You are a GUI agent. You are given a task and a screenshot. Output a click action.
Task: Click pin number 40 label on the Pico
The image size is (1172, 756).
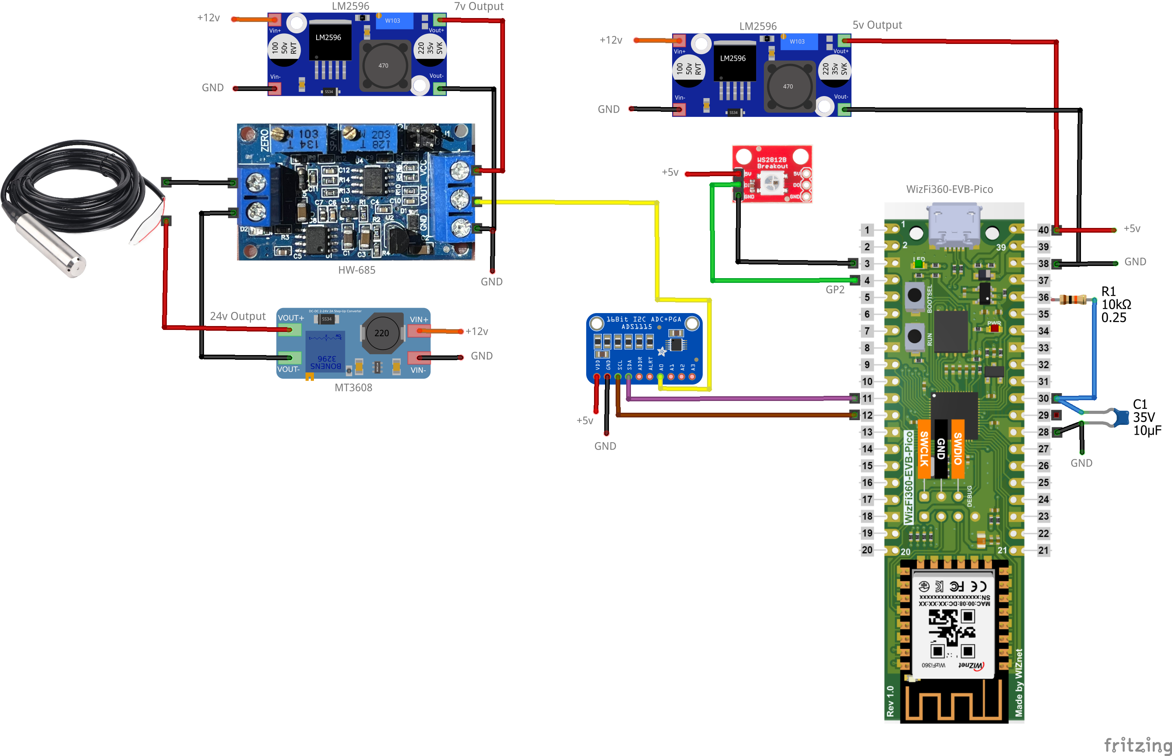tap(1043, 230)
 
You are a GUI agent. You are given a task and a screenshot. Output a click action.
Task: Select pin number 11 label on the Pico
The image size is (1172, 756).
tap(867, 399)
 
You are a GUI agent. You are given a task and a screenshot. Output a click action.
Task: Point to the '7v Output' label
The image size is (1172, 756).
tap(479, 6)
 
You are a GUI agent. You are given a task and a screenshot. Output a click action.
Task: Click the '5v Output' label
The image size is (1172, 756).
tap(877, 25)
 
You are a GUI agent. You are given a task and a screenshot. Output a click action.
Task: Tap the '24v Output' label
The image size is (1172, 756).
tap(238, 316)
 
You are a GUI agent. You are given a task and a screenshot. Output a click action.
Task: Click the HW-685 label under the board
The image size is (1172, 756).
tap(356, 270)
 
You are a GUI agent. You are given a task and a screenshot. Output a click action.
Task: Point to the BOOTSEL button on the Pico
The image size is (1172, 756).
tap(914, 295)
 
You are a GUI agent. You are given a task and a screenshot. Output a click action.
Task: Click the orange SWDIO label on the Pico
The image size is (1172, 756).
tap(957, 448)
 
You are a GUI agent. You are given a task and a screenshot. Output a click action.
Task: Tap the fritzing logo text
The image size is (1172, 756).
tap(1137, 745)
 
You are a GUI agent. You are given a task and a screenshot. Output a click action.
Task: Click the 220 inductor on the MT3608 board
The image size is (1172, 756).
tap(381, 333)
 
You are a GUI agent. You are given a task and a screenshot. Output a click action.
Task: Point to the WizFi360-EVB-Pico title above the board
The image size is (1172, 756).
tap(949, 189)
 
